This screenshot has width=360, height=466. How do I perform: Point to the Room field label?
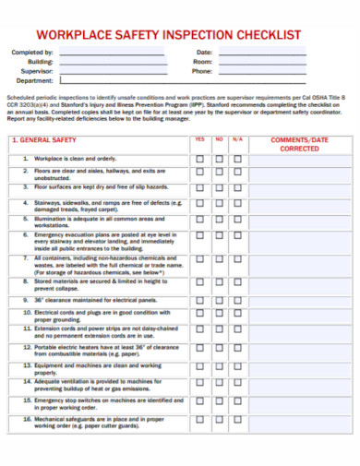(x=202, y=62)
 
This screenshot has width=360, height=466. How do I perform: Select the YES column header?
(x=199, y=139)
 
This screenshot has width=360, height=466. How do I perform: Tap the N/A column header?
(x=238, y=139)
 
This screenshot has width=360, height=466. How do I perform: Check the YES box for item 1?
(x=199, y=159)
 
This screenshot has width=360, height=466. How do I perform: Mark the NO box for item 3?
(x=220, y=187)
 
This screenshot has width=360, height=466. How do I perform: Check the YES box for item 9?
(x=199, y=300)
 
